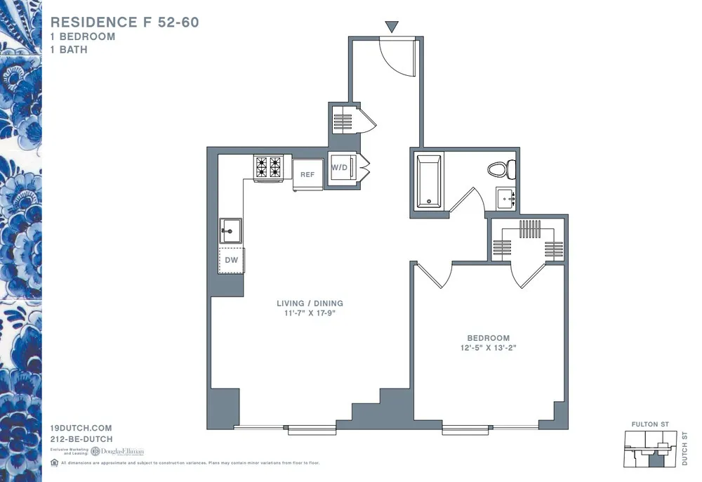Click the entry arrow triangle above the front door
pyautogui.click(x=392, y=27)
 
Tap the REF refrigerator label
pyautogui.click(x=307, y=174)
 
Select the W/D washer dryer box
pyautogui.click(x=341, y=168)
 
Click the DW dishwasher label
pyautogui.click(x=231, y=260)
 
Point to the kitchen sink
pyautogui.click(x=230, y=230)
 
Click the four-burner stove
pyautogui.click(x=267, y=167)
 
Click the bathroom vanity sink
pyautogui.click(x=505, y=199)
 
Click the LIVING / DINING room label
pyautogui.click(x=310, y=304)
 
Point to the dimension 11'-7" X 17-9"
pyautogui.click(x=310, y=314)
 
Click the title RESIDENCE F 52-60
pyautogui.click(x=125, y=22)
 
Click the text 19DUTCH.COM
pyautogui.click(x=81, y=428)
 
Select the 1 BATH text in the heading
pyautogui.click(x=69, y=50)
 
